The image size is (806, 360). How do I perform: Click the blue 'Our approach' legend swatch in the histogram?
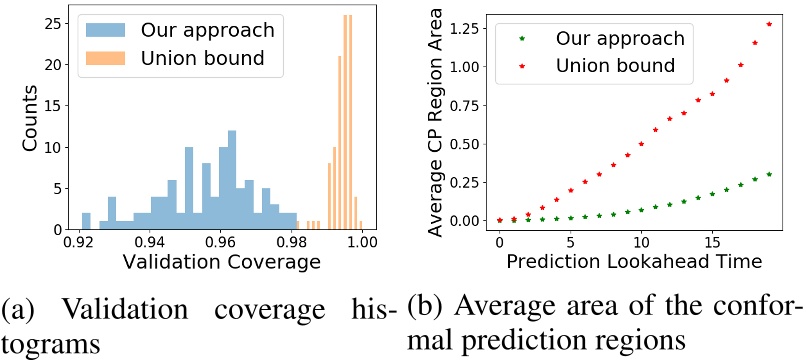coord(103,27)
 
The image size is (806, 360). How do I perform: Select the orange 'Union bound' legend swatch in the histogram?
coord(103,58)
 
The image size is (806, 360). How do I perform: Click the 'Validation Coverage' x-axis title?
coord(221,266)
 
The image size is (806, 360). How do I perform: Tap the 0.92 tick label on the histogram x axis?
coord(81,244)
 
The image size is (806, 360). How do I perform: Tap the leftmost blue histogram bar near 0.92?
coord(86,221)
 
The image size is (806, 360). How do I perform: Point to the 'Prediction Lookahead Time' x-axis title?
coord(634,261)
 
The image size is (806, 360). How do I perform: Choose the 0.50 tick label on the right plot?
coord(465,142)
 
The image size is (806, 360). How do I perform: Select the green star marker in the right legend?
coord(519,39)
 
